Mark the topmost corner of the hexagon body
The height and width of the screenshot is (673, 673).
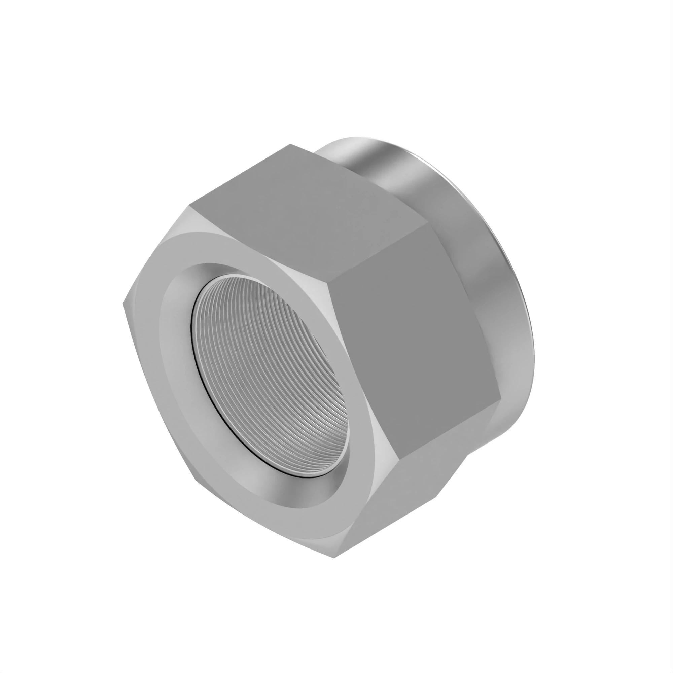pos(290,144)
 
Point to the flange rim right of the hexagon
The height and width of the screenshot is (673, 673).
pos(488,279)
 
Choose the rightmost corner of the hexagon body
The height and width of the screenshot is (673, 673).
pos(501,397)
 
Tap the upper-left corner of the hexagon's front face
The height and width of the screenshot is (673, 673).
pos(190,206)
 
